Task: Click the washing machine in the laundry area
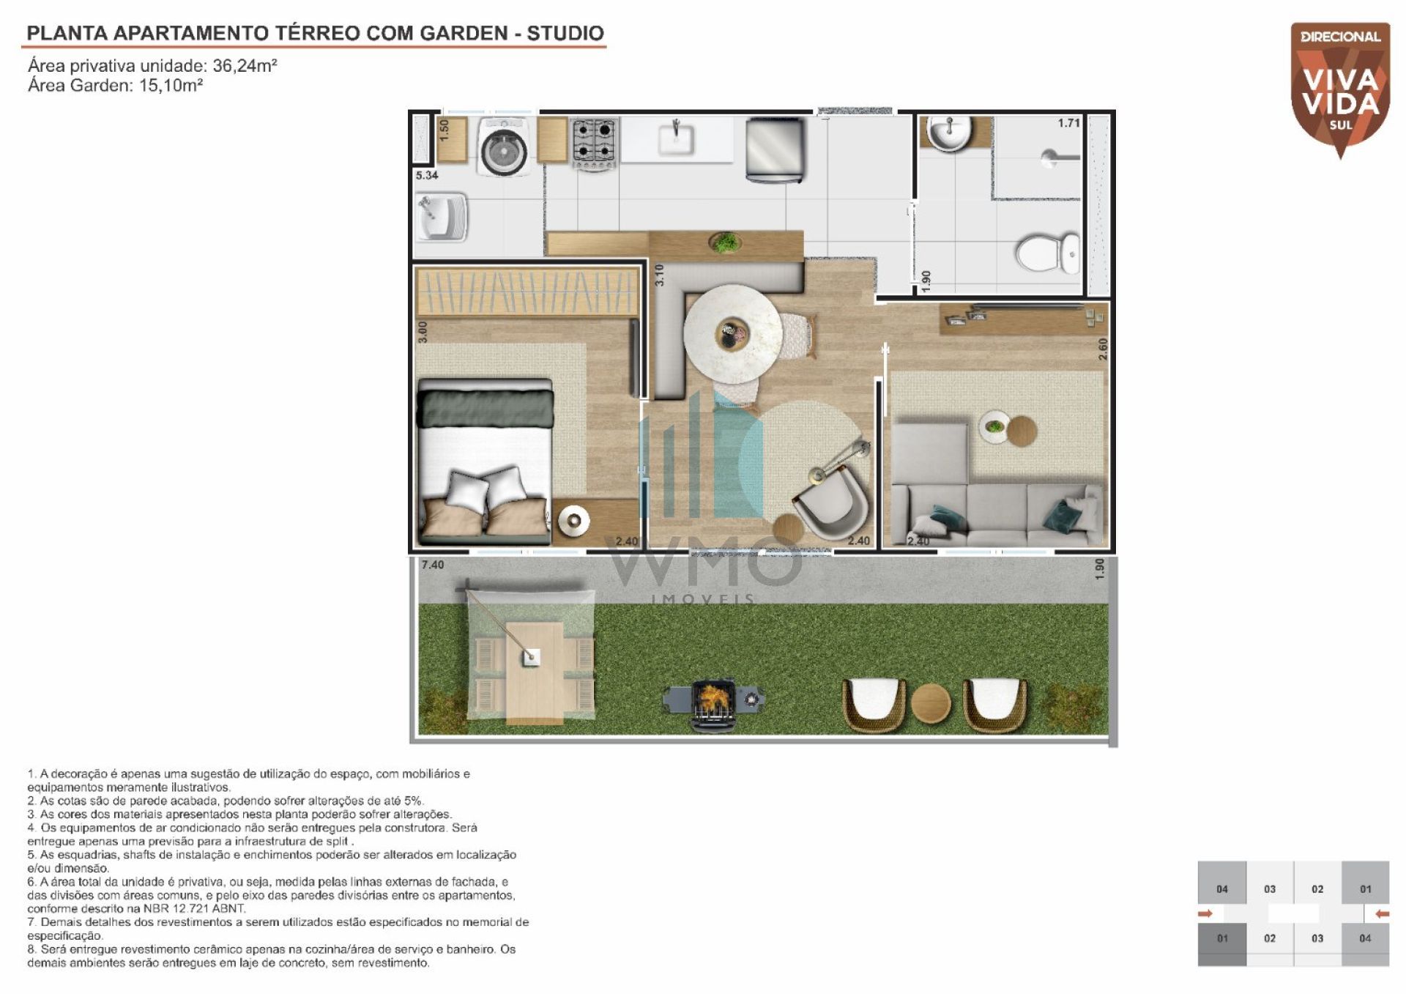coord(505,146)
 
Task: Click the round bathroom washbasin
coord(949,132)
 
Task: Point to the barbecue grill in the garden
coord(713,703)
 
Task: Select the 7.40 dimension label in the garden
coord(433,565)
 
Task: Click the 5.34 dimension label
coord(426,175)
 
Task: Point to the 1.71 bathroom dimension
coord(1069,123)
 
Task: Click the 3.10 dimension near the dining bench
coord(659,275)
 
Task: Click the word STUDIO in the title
coord(565,33)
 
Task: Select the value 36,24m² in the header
coord(245,65)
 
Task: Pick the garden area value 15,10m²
coord(171,85)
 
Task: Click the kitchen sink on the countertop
coord(676,138)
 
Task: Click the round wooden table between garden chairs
coord(931,703)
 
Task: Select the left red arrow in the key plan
coord(1205,913)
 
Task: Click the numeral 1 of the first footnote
coord(31,774)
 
